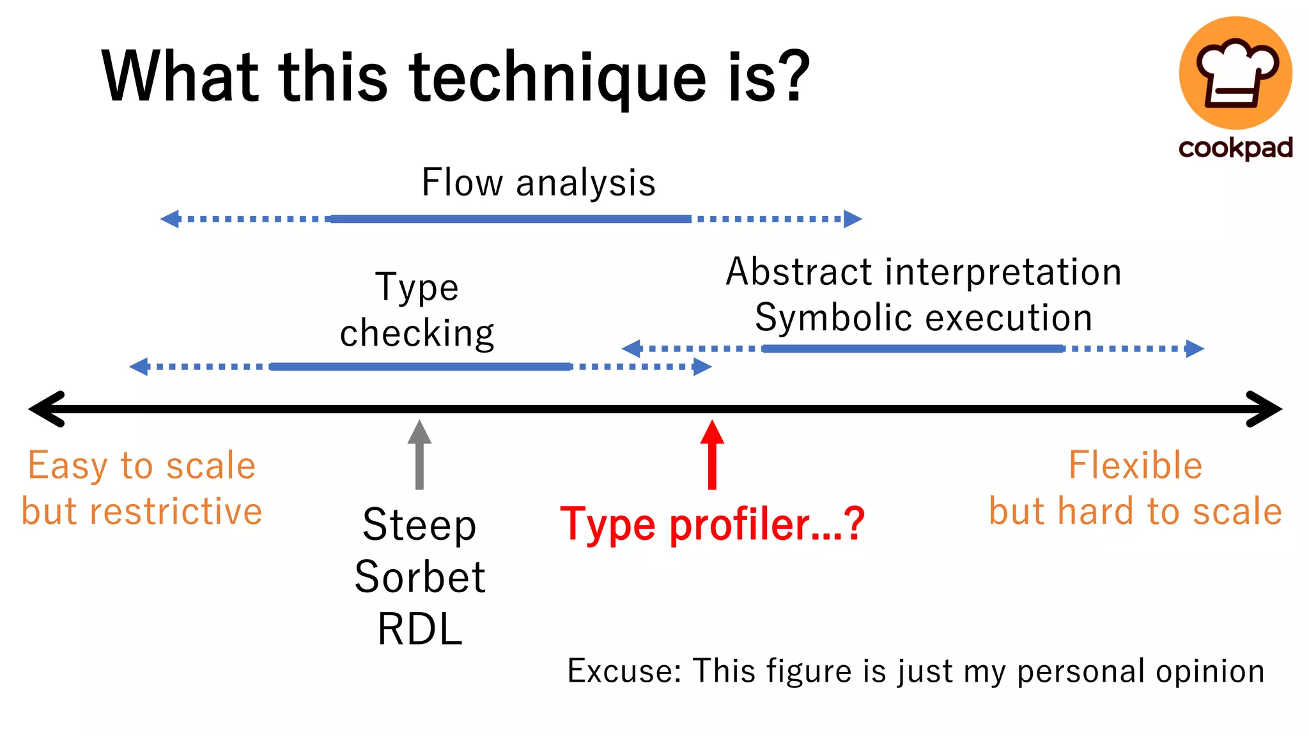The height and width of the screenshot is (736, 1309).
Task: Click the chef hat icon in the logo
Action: pos(1235,72)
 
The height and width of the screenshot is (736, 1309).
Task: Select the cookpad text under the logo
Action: pos(1235,148)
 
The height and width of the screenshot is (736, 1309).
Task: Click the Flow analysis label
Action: pos(538,183)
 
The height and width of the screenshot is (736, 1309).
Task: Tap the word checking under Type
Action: pos(417,333)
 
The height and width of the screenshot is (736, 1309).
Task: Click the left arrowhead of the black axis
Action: pos(45,409)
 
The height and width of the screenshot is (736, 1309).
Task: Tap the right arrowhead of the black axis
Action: pos(1266,409)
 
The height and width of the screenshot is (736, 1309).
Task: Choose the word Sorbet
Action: pos(420,578)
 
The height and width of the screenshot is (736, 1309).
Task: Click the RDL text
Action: pos(420,630)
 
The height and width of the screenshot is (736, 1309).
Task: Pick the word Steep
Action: pos(419,525)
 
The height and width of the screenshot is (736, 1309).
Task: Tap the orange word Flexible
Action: pos(1135,465)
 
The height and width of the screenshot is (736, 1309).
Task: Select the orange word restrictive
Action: pos(176,512)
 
